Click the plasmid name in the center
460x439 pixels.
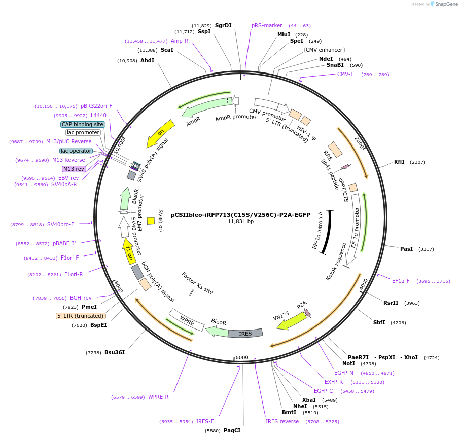pos(240,214)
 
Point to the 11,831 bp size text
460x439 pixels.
pos(240,221)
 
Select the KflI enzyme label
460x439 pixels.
pos(399,162)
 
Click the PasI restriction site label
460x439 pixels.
pos(406,249)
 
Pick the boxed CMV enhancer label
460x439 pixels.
pos(324,50)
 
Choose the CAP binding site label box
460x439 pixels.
pos(83,124)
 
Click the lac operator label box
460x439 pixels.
pos(76,151)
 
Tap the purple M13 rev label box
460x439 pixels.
pos(74,169)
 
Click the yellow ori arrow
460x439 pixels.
pos(160,133)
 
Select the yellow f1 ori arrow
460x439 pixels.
pos(129,251)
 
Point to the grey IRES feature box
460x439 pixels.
pos(245,333)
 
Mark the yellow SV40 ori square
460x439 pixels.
pos(151,221)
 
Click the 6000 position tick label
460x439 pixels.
pos(242,357)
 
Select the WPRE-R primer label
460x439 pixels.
pos(158,397)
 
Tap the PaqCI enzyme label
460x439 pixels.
pos(232,430)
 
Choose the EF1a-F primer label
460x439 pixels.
pos(401,281)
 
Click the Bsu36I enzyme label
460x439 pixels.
pos(114,352)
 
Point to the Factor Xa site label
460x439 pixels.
pos(197,283)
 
